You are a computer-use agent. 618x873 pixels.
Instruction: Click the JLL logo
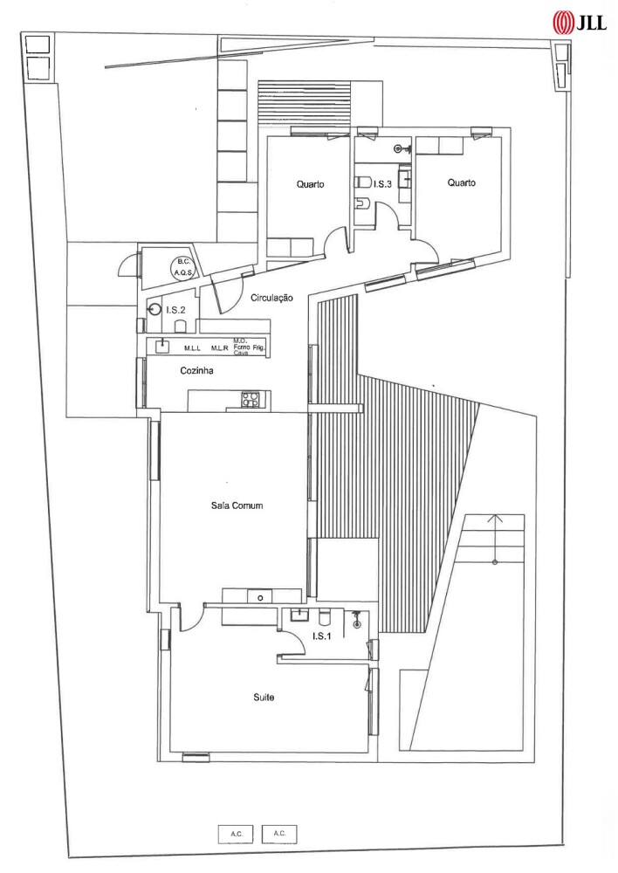579,23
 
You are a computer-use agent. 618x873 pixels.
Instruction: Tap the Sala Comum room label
237,505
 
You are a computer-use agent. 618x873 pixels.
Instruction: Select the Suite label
264,697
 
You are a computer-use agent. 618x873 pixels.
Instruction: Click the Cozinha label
196,370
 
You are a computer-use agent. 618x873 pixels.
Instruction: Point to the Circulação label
271,298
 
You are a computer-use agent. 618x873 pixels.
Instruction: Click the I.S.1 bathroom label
322,636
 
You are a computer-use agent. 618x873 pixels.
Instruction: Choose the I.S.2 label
175,310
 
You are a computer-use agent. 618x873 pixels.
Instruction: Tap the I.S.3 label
382,183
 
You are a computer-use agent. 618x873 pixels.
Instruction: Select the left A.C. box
236,834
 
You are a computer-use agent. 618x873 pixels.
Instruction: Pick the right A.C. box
279,834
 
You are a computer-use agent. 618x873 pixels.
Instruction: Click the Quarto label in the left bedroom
310,184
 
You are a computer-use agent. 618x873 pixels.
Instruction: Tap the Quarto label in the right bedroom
462,182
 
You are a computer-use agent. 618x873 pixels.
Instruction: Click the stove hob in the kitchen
250,399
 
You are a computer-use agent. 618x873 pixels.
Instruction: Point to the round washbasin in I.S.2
154,310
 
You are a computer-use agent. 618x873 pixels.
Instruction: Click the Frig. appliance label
260,348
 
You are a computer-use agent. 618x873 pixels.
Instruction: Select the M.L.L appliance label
192,348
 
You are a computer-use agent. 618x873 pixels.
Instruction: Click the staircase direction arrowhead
495,519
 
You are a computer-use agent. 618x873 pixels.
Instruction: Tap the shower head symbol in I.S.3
399,148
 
